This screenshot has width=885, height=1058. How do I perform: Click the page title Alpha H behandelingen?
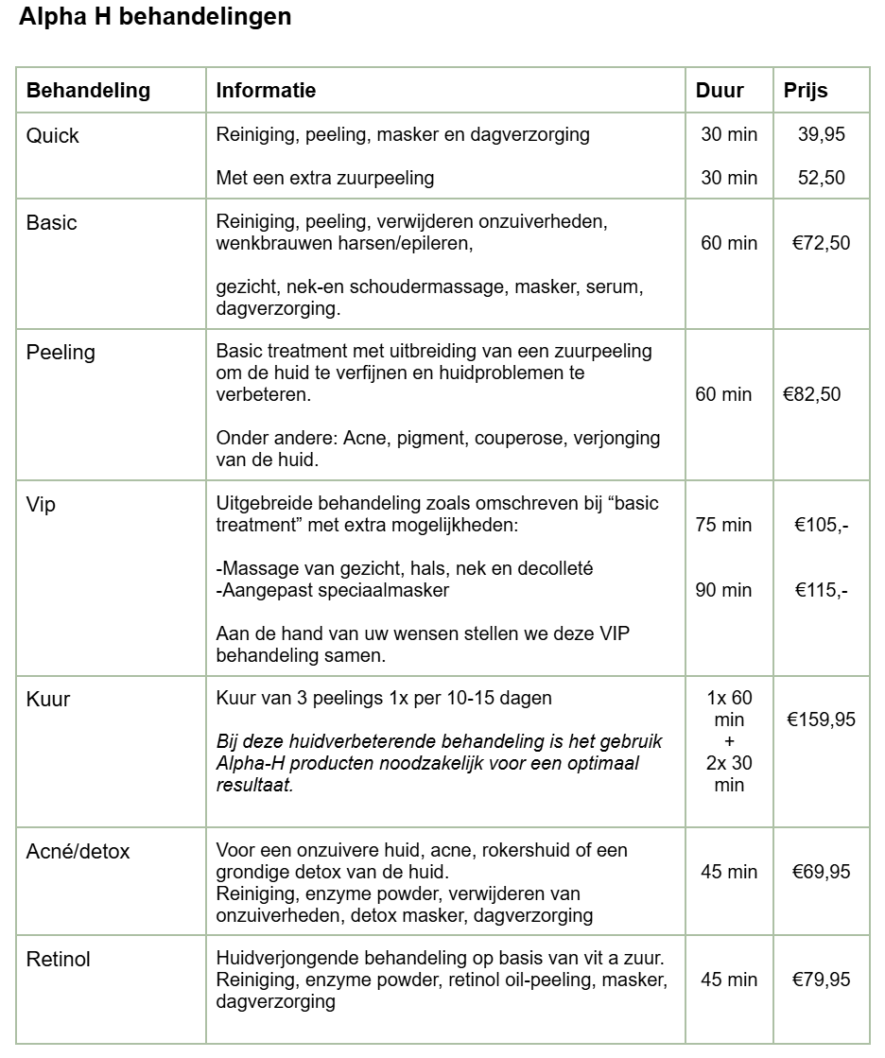tap(155, 17)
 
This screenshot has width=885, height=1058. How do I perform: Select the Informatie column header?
tap(266, 91)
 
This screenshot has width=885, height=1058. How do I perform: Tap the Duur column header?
tap(720, 91)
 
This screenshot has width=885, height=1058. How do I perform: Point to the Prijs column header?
tap(806, 91)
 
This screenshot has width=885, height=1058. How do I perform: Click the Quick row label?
tap(53, 136)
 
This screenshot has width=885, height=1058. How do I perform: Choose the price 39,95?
tap(821, 134)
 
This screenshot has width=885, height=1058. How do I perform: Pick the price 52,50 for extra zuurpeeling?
tap(821, 178)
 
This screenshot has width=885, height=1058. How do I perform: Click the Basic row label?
tap(52, 223)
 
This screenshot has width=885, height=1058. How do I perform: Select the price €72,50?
tap(821, 243)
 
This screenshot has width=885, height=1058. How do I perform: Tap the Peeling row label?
tap(61, 353)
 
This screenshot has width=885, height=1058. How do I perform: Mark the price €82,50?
tap(811, 394)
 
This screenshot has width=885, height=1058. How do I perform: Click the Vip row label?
tap(41, 505)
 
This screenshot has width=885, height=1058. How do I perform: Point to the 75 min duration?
tap(723, 525)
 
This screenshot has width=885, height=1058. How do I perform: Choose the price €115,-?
tap(821, 590)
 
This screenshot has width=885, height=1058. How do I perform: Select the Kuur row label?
tap(48, 701)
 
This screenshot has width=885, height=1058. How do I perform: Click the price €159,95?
tap(821, 720)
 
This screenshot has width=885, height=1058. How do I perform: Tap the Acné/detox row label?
tap(78, 852)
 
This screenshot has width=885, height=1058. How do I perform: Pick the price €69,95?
tap(821, 871)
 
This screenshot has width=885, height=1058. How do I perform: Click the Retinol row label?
tap(59, 960)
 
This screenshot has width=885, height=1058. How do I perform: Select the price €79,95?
tap(821, 980)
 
